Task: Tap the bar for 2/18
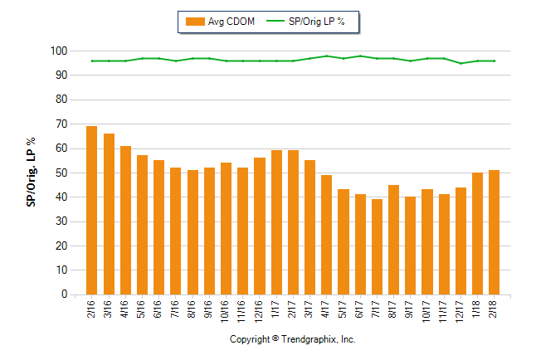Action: tap(494, 232)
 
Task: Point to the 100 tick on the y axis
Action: tap(57, 51)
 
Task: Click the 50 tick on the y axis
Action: tap(61, 173)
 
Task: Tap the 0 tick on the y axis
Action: tap(63, 294)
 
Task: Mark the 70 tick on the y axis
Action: tap(61, 124)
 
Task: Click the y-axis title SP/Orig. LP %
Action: tap(31, 173)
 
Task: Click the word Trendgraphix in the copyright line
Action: tap(307, 340)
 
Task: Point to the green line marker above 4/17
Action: tap(326, 56)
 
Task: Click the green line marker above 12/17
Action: tap(460, 63)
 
